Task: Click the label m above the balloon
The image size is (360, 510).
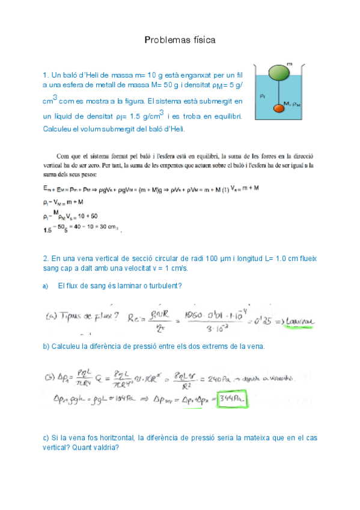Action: [x=290, y=62]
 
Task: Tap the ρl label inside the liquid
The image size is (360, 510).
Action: [x=263, y=95]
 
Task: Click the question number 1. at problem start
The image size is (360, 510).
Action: [x=46, y=75]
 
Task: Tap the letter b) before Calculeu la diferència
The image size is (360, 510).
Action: [x=46, y=346]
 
